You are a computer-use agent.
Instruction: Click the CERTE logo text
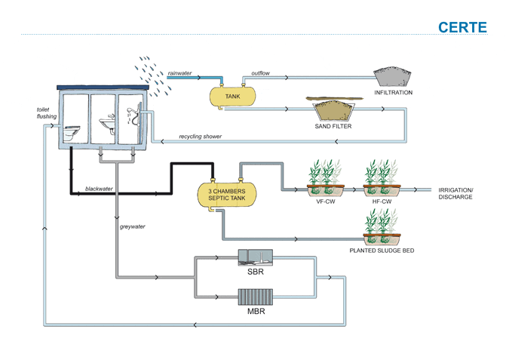[x=462, y=28]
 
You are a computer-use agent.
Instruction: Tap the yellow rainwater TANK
[x=232, y=97]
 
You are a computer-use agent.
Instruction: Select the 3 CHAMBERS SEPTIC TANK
[x=227, y=195]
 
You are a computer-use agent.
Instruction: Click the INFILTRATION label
[x=393, y=93]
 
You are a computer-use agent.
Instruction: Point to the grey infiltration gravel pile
[x=392, y=76]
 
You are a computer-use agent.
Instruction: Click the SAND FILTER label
[x=333, y=126]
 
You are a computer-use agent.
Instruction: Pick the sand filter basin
[x=333, y=111]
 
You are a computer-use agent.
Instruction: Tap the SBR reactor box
[x=256, y=257]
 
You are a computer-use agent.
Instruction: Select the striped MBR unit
[x=256, y=297]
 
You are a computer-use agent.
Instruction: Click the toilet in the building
[x=71, y=133]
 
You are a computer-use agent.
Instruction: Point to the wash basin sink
[x=107, y=124]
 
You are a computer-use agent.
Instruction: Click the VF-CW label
[x=326, y=202]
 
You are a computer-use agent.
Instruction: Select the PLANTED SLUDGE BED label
[x=382, y=251]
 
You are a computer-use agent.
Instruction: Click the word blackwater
[x=99, y=189]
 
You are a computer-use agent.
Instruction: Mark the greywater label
[x=133, y=226]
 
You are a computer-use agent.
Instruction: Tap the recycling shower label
[x=201, y=137]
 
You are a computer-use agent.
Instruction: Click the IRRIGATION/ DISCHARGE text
[x=455, y=194]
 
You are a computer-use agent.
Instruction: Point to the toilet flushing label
[x=47, y=113]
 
